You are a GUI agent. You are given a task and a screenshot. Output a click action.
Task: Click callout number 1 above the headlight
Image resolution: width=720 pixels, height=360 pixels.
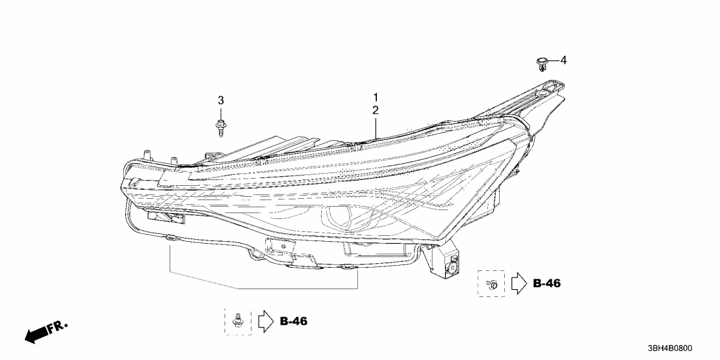click(x=375, y=97)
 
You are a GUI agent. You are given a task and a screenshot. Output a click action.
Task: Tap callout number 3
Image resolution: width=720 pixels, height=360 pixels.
click(x=220, y=100)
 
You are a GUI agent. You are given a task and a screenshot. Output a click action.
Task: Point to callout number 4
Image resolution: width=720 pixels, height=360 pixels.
click(x=563, y=60)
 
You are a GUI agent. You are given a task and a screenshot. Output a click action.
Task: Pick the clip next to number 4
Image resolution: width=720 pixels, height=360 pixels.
click(x=541, y=63)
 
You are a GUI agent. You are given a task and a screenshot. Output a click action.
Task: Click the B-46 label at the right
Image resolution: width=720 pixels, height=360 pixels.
click(x=546, y=283)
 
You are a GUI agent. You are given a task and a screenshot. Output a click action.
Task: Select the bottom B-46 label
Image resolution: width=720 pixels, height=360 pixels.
click(x=293, y=321)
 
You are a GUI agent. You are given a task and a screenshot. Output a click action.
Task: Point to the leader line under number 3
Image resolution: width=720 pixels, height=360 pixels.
click(x=220, y=112)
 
